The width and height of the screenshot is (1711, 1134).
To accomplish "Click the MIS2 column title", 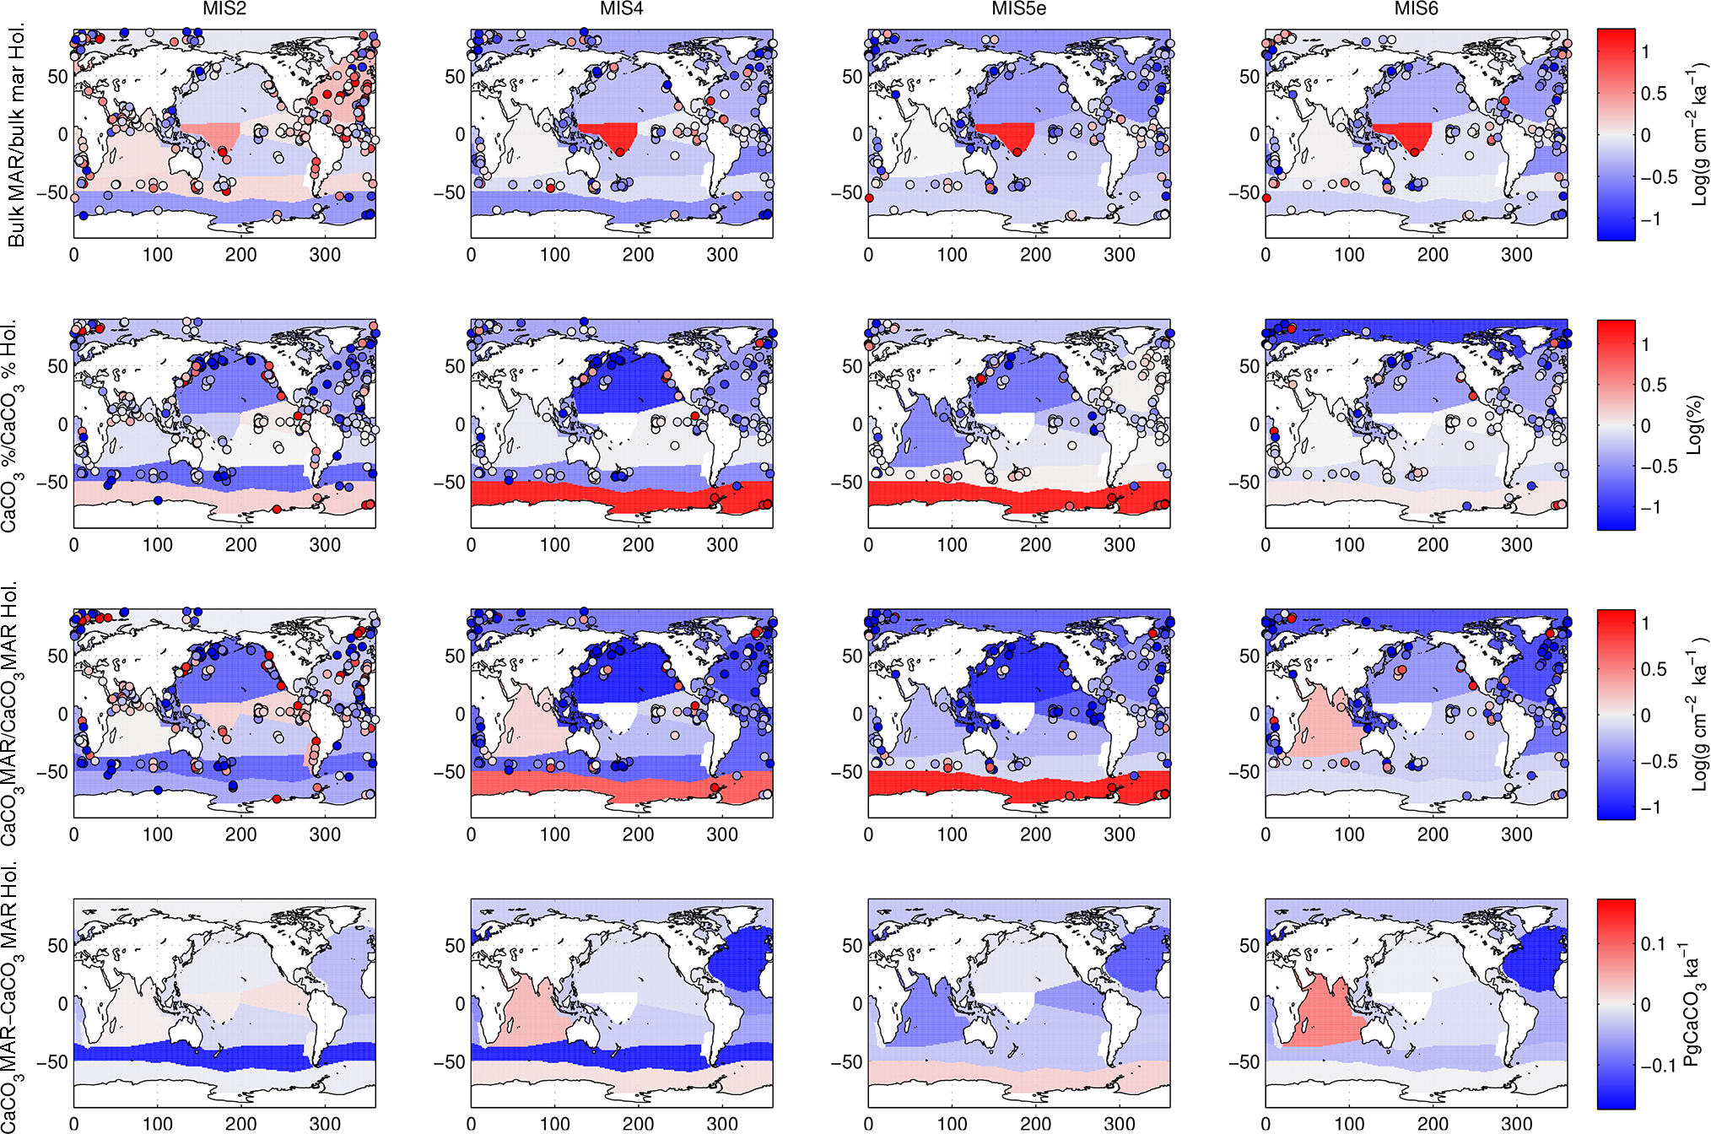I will pos(224,9).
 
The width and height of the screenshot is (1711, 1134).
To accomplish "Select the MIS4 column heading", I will pos(622,9).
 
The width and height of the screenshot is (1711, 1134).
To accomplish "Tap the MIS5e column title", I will pos(1019,9).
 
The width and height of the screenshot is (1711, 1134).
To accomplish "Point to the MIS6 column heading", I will pos(1416,9).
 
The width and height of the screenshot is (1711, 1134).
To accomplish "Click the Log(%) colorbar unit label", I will pos(1693,425).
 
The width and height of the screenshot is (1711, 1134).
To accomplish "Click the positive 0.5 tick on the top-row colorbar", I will pos(1654,93).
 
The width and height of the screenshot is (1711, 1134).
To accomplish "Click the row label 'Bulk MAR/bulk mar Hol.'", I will pos(16,135).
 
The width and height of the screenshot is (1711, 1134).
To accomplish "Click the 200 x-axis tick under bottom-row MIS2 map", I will pos(240,1124).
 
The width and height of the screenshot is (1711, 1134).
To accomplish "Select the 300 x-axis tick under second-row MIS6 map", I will pos(1516,545).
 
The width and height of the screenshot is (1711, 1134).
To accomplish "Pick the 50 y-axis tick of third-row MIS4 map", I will pos(455,656).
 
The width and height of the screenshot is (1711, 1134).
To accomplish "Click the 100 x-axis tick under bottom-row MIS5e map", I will pos(952,1124).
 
